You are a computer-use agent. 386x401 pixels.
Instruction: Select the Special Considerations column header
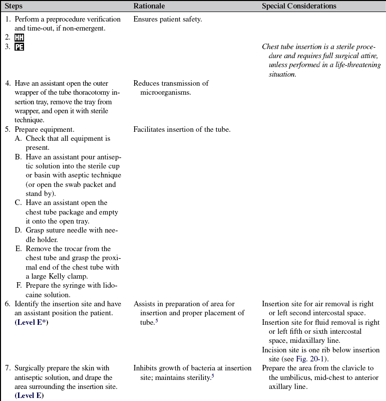(299, 6)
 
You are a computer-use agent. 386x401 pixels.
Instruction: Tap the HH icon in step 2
(19, 38)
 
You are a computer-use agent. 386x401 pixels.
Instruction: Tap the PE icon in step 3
(19, 47)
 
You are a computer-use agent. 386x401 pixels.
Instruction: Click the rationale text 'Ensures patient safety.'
(167, 20)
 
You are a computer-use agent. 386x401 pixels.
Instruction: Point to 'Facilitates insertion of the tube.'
(182, 129)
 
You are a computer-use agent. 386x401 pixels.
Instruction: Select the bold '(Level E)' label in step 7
(29, 396)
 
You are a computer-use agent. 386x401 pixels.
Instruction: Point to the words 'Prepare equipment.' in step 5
(43, 129)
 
